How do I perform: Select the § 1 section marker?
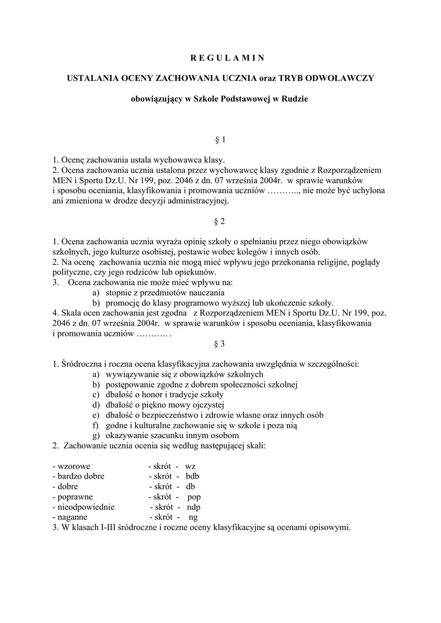point(220,140)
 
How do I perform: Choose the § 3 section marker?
point(220,344)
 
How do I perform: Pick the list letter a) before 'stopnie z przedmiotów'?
point(96,293)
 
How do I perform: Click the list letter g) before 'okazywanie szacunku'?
point(96,436)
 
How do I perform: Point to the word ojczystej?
point(206,405)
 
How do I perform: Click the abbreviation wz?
point(191,466)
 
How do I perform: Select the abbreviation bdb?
point(192,476)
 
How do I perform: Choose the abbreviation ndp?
point(194,507)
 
